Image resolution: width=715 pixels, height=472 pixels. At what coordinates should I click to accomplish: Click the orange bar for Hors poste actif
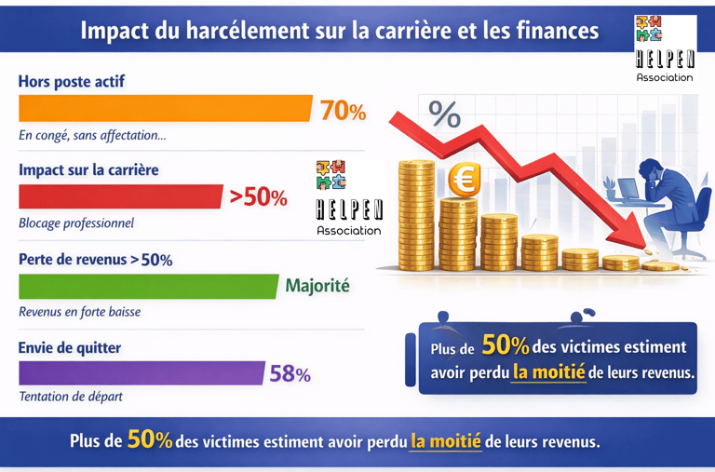click(165, 109)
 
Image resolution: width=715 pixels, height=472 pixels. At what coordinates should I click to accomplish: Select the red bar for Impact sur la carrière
click(121, 196)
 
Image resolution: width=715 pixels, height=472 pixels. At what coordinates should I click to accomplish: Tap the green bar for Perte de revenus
click(149, 286)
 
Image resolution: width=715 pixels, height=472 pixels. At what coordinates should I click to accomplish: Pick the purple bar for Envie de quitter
click(142, 373)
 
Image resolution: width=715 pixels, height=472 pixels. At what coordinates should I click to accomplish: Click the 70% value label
click(343, 111)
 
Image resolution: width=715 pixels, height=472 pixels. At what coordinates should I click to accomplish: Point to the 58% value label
click(290, 374)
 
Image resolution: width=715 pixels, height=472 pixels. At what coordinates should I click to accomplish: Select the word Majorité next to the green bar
click(317, 286)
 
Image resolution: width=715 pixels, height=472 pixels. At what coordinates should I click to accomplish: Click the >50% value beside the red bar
click(258, 197)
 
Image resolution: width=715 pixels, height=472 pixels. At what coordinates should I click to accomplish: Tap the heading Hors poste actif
click(71, 82)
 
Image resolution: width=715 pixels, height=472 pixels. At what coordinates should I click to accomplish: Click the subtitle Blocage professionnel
click(76, 223)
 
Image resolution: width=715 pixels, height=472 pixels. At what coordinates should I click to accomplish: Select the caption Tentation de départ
click(71, 397)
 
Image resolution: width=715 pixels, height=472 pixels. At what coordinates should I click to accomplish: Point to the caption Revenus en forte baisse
click(80, 311)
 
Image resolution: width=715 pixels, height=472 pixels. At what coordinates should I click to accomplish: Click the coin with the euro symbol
click(463, 180)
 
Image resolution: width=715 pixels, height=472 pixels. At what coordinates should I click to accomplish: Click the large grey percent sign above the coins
click(445, 115)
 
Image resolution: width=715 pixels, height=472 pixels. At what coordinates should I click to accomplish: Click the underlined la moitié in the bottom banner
click(445, 440)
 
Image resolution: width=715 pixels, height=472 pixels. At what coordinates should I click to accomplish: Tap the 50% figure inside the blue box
click(505, 346)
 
